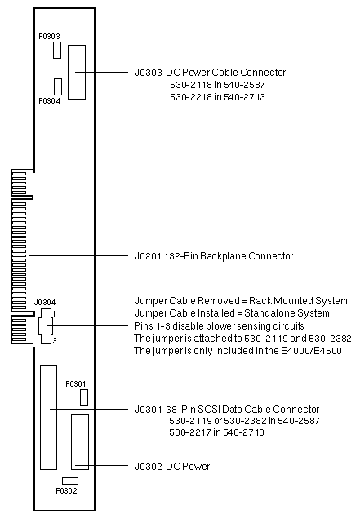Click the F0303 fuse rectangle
click(57, 51)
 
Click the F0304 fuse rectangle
click(58, 87)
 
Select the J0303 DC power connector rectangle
click(77, 72)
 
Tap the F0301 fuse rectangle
click(84, 397)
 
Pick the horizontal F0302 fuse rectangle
click(70, 480)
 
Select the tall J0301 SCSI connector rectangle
click(49, 418)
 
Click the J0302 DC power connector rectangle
click(80, 442)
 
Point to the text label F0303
click(49, 37)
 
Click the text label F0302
click(66, 491)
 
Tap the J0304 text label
click(45, 303)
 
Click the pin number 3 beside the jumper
click(55, 341)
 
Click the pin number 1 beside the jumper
click(54, 313)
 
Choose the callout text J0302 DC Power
click(172, 467)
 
